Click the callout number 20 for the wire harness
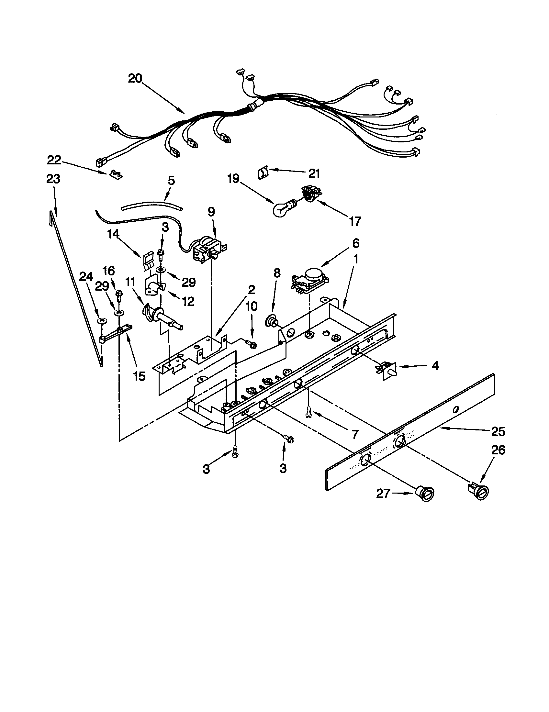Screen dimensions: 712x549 (x=135, y=79)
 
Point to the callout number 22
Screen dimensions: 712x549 (x=54, y=160)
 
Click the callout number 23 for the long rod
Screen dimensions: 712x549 (x=53, y=179)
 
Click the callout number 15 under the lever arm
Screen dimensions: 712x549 (x=139, y=376)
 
